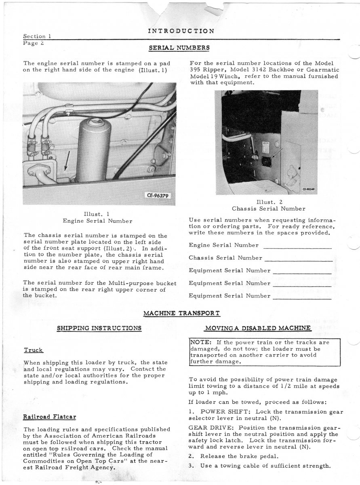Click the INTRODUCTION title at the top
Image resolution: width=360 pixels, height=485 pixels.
click(x=181, y=31)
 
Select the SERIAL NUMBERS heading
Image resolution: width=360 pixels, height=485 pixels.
click(x=179, y=47)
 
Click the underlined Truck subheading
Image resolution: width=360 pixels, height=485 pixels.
click(x=34, y=350)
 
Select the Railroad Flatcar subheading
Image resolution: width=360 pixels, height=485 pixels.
click(x=50, y=417)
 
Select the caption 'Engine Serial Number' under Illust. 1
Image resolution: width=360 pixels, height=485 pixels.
click(x=97, y=221)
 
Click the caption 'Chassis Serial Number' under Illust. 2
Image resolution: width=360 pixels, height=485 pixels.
click(x=268, y=209)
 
